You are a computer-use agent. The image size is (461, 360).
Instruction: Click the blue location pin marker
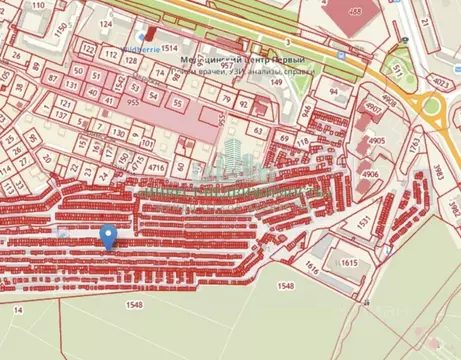[109, 237]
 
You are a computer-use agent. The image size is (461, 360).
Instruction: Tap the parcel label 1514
[169, 47]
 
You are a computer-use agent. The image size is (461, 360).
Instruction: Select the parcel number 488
[354, 11]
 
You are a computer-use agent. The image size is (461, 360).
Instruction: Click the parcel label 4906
[370, 174]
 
